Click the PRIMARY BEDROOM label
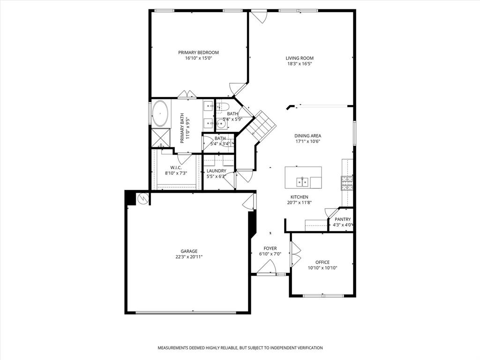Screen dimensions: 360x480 point(198,52)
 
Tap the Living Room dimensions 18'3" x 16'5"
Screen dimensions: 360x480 point(300,64)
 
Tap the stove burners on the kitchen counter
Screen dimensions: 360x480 point(346,182)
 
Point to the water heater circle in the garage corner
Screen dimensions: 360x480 point(142,199)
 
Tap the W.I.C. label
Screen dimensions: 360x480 point(176,167)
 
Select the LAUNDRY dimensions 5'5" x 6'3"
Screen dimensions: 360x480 point(216,177)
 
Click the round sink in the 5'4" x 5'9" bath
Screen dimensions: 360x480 point(221,124)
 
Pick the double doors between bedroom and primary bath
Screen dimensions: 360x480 point(187,95)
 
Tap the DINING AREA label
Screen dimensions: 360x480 point(307,136)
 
